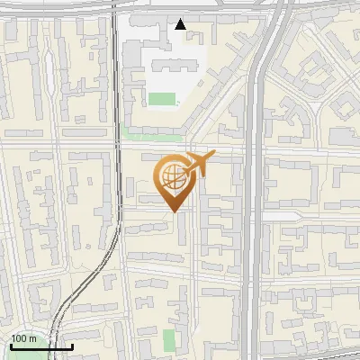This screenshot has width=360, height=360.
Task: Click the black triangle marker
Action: [181, 24]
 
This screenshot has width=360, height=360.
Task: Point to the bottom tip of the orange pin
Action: [174, 211]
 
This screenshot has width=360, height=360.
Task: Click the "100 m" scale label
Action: [24, 339]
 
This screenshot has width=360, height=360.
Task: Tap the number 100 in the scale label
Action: [20, 339]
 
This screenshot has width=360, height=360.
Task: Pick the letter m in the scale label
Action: [33, 339]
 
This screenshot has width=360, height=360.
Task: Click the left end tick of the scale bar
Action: [11, 345]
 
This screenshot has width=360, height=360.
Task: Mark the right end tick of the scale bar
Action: [73, 345]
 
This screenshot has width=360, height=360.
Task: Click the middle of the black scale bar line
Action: [41, 346]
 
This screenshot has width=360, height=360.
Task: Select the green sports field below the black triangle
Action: [162, 99]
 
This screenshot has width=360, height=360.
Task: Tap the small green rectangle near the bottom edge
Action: [169, 340]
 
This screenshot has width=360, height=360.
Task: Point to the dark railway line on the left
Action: [116, 135]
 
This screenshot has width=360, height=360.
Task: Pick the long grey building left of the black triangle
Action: [149, 19]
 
